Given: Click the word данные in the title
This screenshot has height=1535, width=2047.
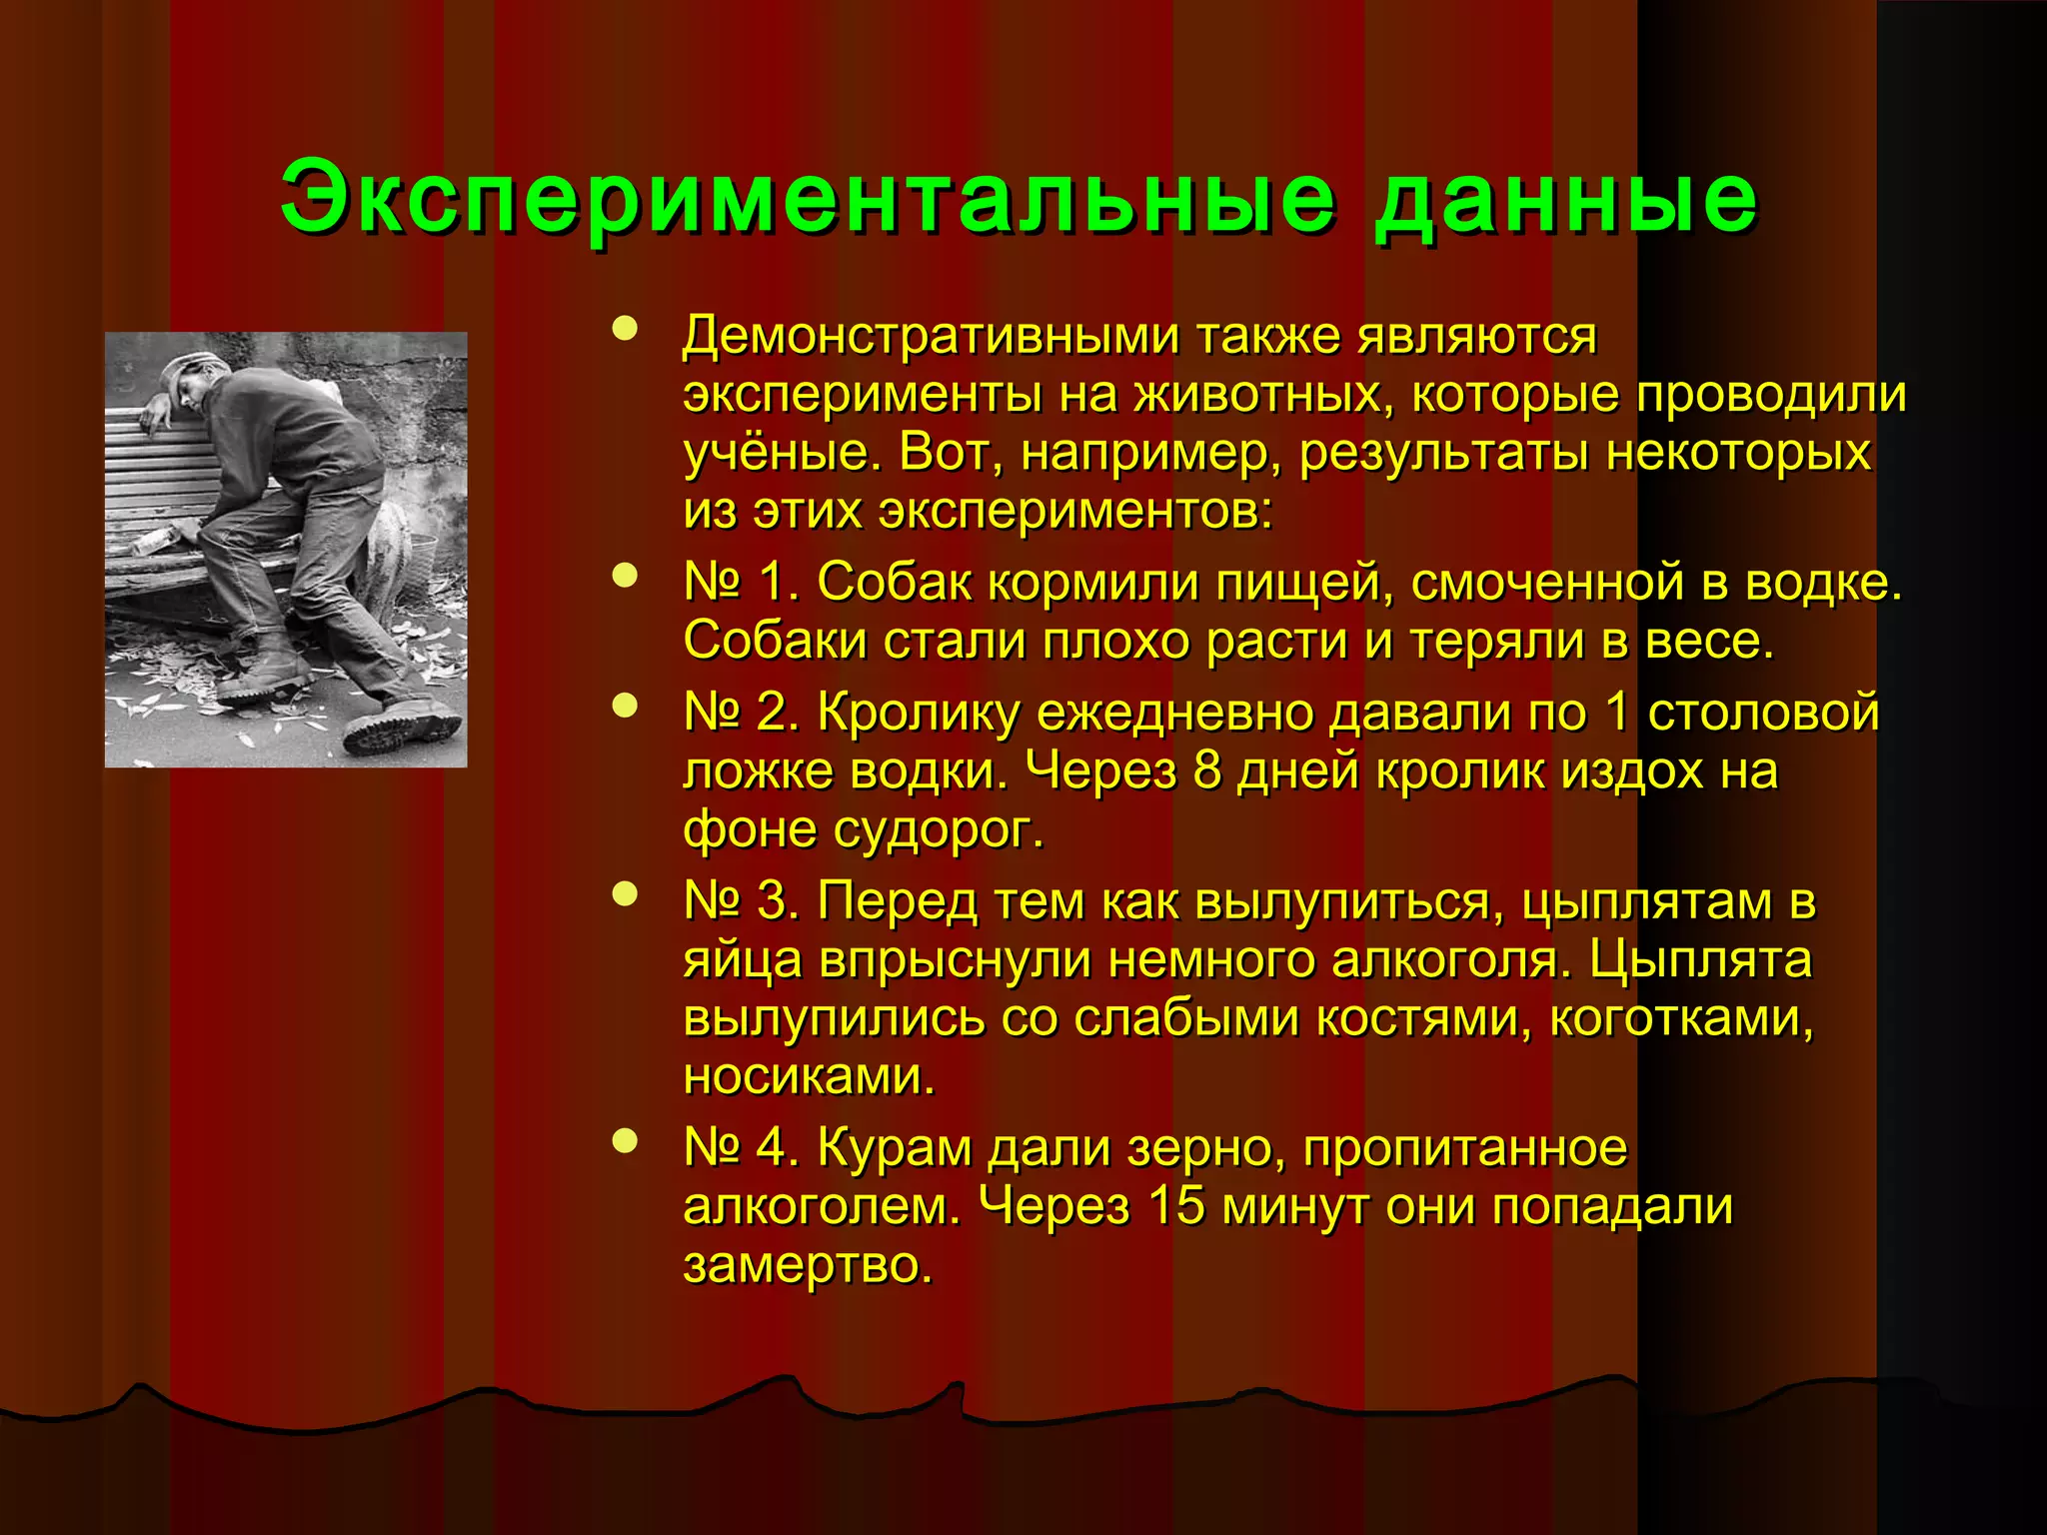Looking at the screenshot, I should [1564, 198].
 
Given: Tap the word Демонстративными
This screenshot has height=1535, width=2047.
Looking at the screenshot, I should [930, 337].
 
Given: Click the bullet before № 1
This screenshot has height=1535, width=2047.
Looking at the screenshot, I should [625, 576].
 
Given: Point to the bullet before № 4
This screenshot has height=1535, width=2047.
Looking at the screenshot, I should [625, 1141].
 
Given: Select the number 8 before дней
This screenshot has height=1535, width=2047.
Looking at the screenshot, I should [1207, 770].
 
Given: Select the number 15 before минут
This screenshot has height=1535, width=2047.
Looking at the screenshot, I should [1177, 1206].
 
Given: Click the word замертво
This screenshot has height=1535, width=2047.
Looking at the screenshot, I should [806, 1264].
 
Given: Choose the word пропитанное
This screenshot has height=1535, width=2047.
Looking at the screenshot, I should [1464, 1148].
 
